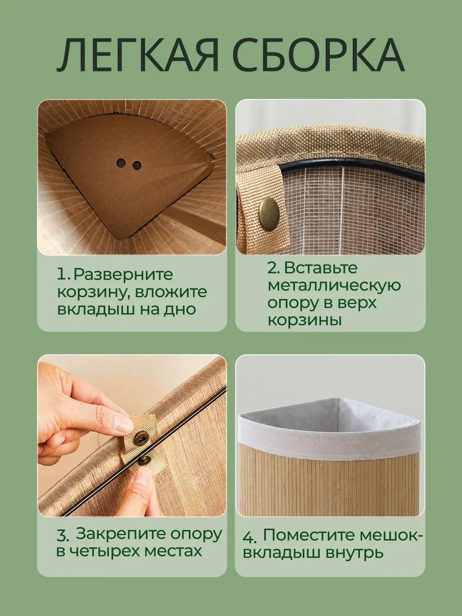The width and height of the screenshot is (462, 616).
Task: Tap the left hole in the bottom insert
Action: (122, 163)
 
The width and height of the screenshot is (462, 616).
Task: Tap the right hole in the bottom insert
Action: (137, 165)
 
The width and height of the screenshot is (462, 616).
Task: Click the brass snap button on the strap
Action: (268, 209)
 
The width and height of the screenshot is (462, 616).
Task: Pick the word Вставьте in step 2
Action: (321, 268)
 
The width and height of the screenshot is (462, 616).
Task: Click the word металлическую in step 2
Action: (334, 286)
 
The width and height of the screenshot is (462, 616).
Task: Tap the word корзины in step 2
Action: (304, 320)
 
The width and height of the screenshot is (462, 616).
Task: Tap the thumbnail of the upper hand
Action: (123, 426)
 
